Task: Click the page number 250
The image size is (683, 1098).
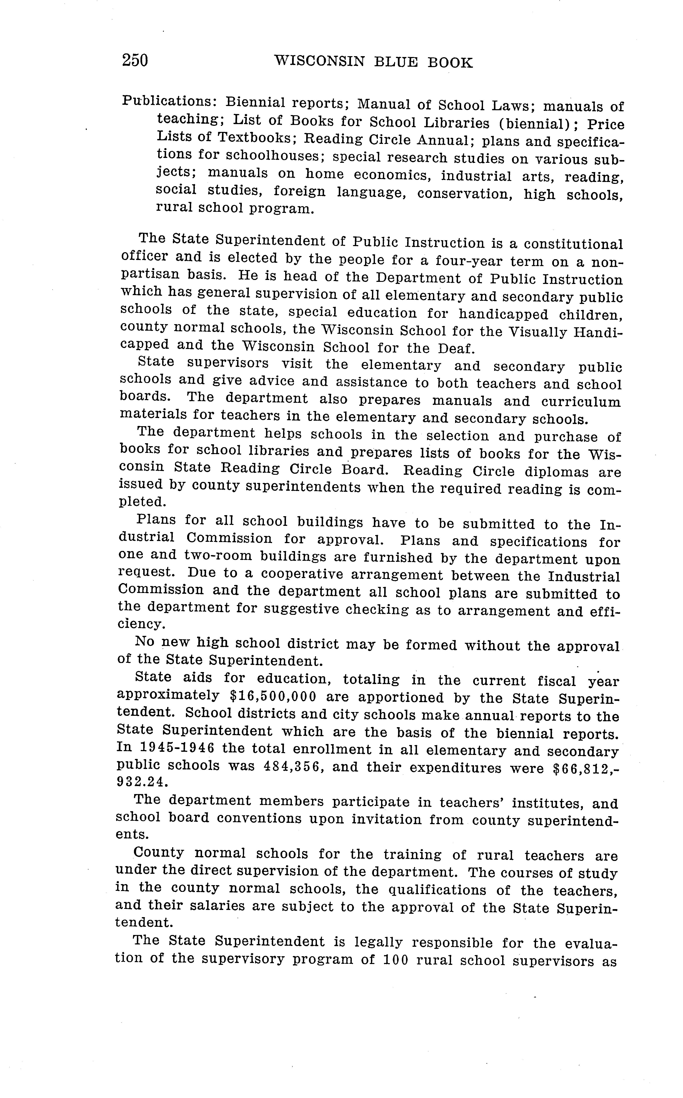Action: click(x=135, y=60)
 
